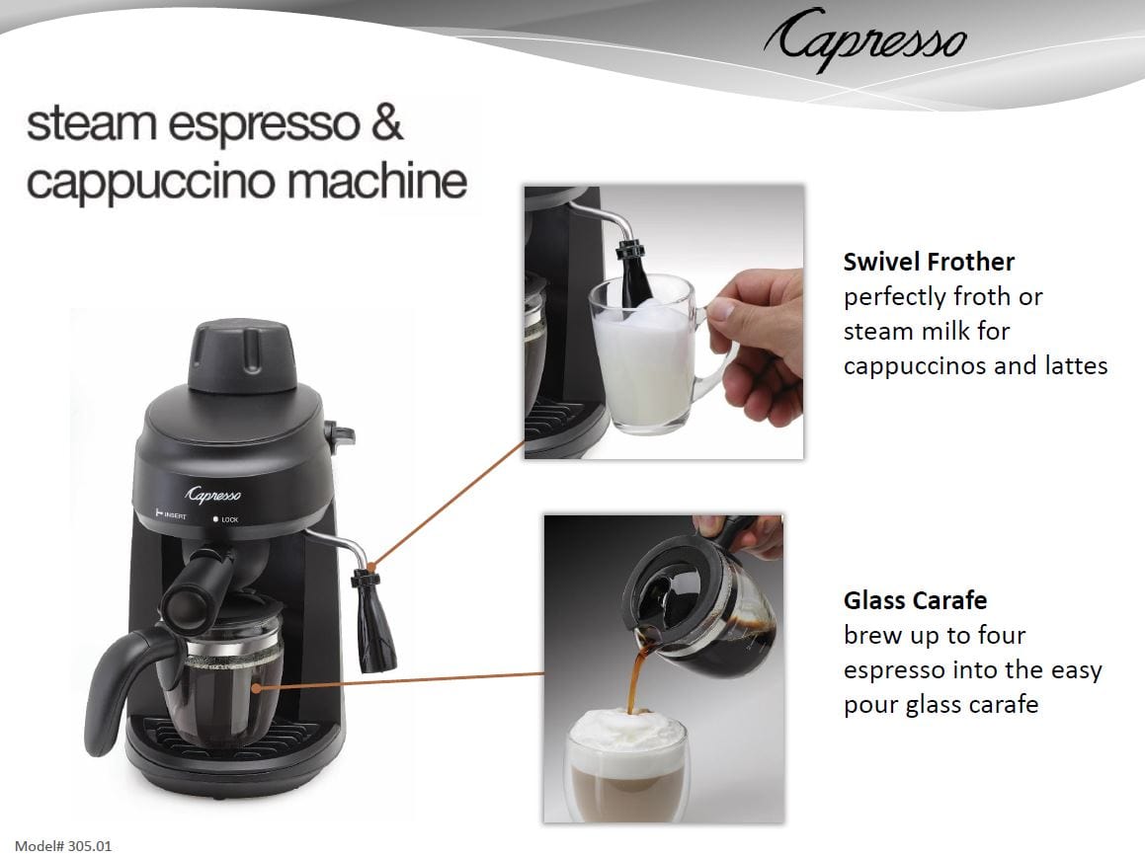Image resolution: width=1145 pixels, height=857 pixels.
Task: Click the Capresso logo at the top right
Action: click(865, 41)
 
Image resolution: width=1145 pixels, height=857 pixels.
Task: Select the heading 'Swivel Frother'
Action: click(929, 262)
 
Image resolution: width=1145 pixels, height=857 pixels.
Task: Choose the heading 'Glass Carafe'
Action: click(915, 600)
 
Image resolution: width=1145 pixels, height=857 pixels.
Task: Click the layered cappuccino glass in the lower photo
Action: click(627, 765)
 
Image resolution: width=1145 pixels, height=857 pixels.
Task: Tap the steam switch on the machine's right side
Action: click(338, 434)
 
